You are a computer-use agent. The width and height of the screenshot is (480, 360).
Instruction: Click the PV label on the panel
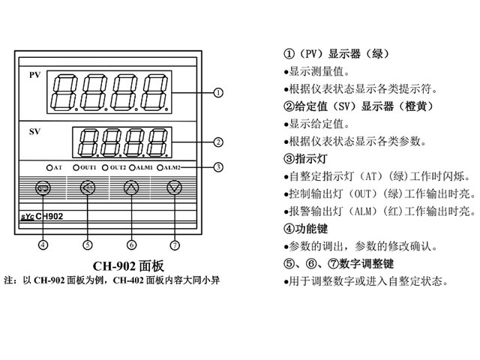coord(35,76)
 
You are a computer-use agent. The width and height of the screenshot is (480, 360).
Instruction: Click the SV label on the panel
coord(35,133)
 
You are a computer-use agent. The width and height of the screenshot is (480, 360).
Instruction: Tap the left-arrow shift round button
coord(87,188)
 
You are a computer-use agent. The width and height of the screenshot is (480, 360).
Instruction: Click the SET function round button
coord(43,188)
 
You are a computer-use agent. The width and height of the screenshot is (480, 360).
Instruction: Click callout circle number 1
coord(218,93)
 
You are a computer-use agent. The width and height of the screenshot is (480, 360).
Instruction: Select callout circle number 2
coord(218,141)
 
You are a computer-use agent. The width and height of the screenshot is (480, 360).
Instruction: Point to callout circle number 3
coord(218,166)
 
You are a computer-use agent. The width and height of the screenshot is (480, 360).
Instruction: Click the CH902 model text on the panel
coord(49,216)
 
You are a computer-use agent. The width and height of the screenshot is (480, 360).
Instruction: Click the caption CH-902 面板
coord(127,265)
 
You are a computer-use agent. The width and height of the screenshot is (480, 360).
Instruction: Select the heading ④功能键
coord(306,229)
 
